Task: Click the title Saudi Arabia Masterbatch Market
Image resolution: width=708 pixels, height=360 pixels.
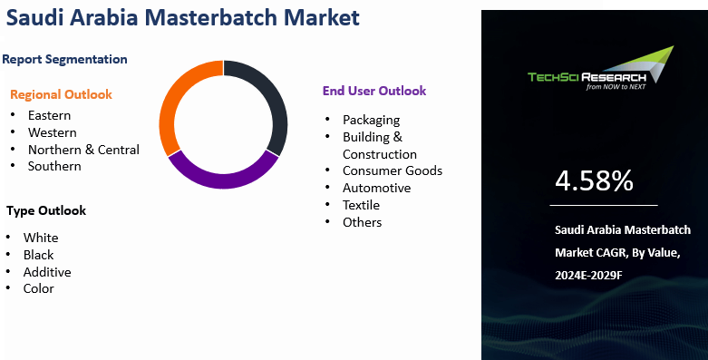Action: pyautogui.click(x=181, y=17)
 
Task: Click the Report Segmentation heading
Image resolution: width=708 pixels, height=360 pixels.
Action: pyautogui.click(x=64, y=60)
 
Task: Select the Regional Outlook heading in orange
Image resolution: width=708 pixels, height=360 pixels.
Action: pyautogui.click(x=61, y=94)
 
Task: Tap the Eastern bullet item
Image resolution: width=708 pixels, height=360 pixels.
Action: pyautogui.click(x=49, y=115)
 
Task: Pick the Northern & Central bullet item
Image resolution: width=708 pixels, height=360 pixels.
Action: pyautogui.click(x=83, y=150)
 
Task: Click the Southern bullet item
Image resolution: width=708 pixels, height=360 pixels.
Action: pyautogui.click(x=54, y=166)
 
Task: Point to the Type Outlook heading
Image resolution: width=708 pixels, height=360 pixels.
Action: pyautogui.click(x=46, y=210)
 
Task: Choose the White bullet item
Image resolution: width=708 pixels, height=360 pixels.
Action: pyautogui.click(x=41, y=238)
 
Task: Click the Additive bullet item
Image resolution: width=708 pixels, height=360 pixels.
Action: pyautogui.click(x=47, y=272)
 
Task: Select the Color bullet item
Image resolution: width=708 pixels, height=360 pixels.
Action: pyautogui.click(x=39, y=288)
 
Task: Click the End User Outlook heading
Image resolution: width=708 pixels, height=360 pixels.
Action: pyautogui.click(x=374, y=91)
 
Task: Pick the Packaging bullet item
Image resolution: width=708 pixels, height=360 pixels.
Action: pyautogui.click(x=371, y=120)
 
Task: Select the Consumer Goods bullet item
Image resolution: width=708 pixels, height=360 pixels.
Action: pyautogui.click(x=392, y=170)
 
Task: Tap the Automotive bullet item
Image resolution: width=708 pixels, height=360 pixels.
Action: pyautogui.click(x=376, y=188)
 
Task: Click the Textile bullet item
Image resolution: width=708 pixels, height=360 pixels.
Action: pyautogui.click(x=361, y=205)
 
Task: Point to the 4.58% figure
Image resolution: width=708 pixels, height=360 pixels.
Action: pyautogui.click(x=594, y=181)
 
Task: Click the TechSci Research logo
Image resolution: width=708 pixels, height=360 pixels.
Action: pyautogui.click(x=601, y=72)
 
